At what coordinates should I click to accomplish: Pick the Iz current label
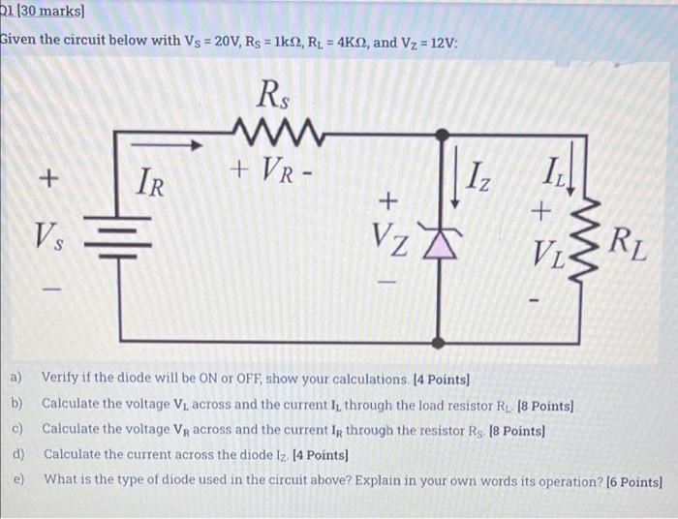click(480, 179)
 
